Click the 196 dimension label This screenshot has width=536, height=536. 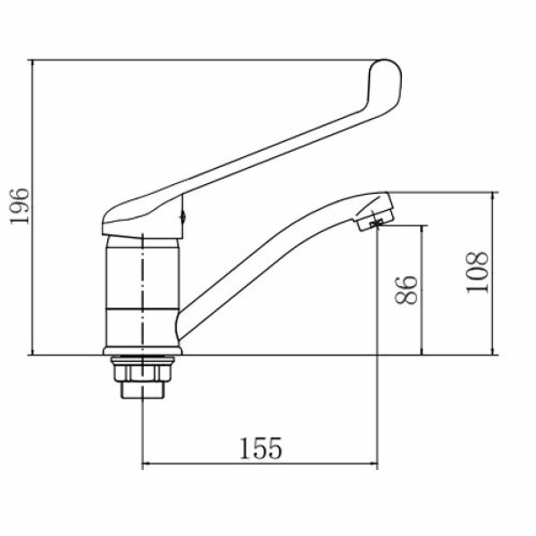(20, 206)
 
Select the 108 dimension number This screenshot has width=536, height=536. (477, 272)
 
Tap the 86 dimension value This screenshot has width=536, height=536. (406, 289)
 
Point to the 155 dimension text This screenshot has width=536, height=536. (261, 448)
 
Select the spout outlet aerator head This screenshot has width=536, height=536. (374, 212)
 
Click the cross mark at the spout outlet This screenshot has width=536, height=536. (377, 224)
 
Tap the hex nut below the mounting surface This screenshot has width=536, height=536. (143, 373)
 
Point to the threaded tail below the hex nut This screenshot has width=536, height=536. (143, 389)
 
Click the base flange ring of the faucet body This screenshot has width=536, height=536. (143, 351)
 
